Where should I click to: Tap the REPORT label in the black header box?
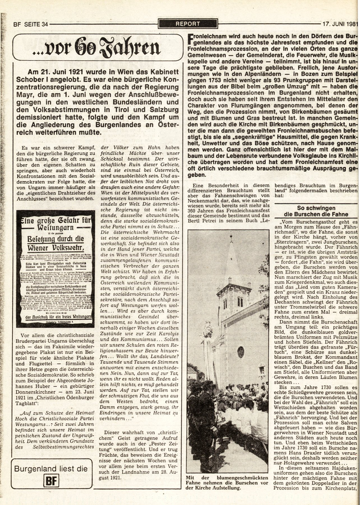188,24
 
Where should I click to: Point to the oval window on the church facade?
241,351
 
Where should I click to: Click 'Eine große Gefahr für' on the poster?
56,221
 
